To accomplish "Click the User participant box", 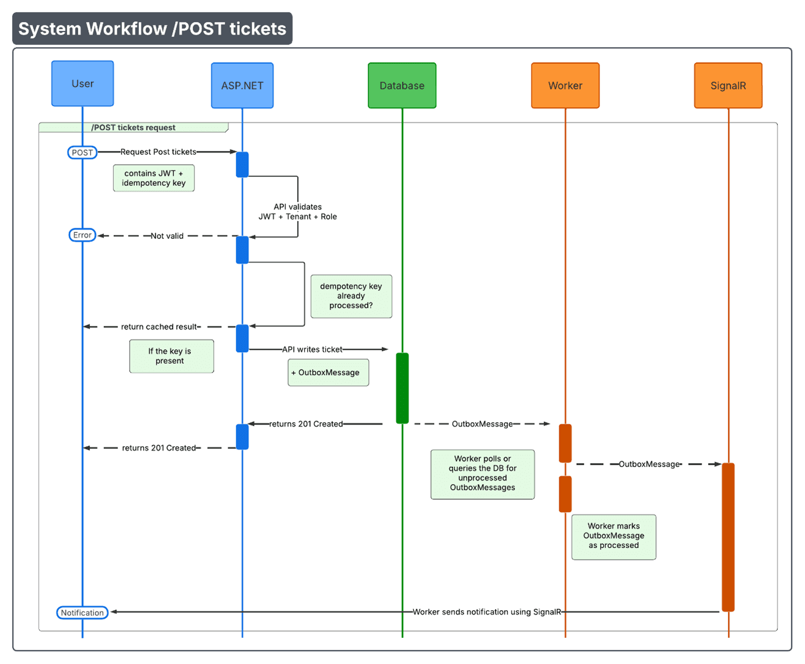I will point(82,84).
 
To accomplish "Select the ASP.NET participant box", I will point(242,86).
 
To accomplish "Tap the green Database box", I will point(402,86).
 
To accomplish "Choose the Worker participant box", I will point(565,86).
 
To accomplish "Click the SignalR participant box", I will point(728,86).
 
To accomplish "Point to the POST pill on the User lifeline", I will point(82,152).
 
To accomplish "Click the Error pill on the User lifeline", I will point(82,235).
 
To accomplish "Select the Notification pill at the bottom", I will point(82,613).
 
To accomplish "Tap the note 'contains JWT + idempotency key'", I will point(154,178).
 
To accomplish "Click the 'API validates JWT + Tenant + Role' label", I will point(298,211).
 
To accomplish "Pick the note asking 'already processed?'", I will point(351,296).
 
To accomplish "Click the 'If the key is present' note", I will point(171,356).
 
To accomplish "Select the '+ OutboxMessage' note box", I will point(328,373).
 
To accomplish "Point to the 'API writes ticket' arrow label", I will point(312,349).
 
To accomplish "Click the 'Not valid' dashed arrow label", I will point(167,236).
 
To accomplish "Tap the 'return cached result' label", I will point(160,327).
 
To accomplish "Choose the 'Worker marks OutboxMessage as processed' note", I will point(614,536).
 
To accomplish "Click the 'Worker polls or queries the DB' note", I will point(482,474).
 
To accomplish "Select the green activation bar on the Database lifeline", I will point(402,388).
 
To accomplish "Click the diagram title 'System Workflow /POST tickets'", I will point(152,29).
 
